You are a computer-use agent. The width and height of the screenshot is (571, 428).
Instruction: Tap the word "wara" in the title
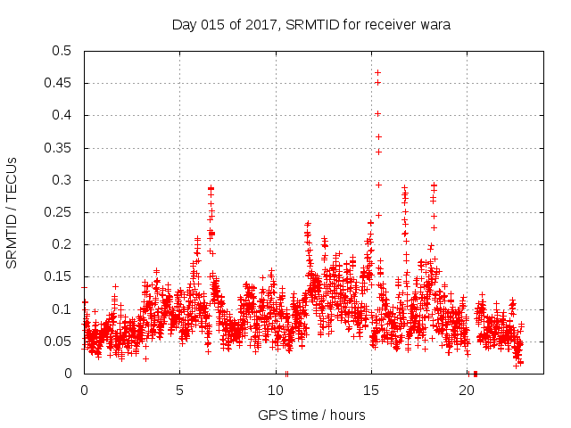click(433, 25)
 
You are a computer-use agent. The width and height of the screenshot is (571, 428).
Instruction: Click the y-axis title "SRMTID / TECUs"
click(12, 211)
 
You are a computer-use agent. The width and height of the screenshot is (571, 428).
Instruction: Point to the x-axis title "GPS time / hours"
click(311, 415)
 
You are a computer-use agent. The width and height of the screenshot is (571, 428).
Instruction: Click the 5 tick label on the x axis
click(179, 391)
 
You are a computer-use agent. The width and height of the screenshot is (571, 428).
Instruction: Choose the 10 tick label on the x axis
click(276, 391)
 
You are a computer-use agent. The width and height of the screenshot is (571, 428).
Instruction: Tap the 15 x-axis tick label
click(371, 391)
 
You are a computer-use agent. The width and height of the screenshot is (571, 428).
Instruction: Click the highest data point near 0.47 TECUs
click(377, 72)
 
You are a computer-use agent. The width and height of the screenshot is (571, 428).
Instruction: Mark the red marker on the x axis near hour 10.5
click(285, 374)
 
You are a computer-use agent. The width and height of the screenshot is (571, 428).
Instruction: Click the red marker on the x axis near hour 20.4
click(476, 374)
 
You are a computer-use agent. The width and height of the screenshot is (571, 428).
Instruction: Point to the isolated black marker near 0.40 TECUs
click(377, 113)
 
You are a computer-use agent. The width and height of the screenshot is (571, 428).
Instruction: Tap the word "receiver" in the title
click(386, 25)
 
